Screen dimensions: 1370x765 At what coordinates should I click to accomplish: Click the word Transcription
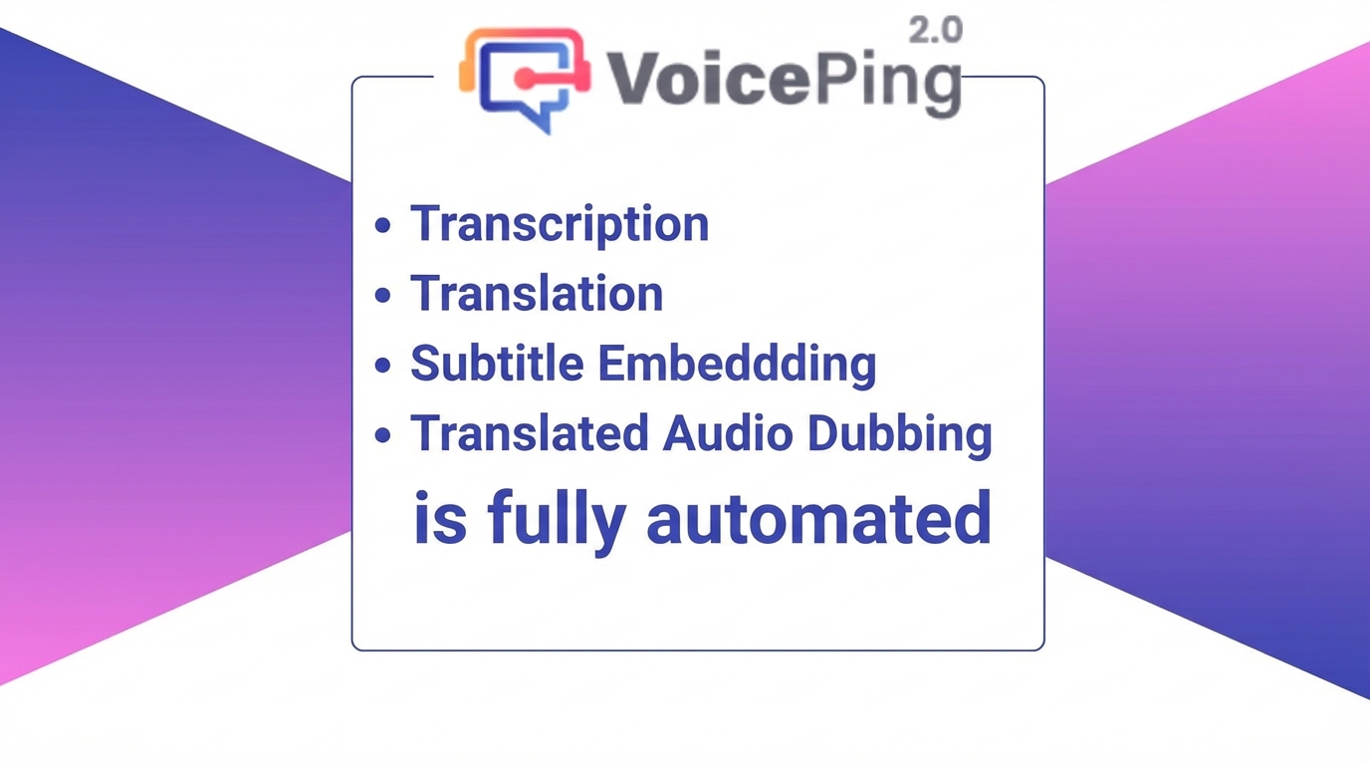[x=560, y=224]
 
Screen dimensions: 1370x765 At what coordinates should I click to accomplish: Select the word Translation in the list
[x=537, y=293]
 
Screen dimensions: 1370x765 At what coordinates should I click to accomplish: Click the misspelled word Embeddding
[x=737, y=366]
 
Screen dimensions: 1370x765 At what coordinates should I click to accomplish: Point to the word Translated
[x=529, y=433]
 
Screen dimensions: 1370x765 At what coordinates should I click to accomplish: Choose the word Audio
[x=728, y=433]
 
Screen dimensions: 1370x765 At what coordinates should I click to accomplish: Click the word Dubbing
[x=899, y=435]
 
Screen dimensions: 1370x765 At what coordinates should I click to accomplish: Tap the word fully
[x=558, y=521]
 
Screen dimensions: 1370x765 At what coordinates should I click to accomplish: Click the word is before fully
[x=440, y=517]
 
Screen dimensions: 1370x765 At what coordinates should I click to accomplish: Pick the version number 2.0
[x=936, y=31]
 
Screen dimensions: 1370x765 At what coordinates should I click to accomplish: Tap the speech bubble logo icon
[x=525, y=80]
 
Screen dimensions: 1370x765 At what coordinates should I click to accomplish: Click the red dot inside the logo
[x=524, y=78]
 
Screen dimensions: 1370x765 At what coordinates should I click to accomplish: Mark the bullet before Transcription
[x=383, y=225]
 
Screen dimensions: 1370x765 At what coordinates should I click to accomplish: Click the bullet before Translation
[x=383, y=295]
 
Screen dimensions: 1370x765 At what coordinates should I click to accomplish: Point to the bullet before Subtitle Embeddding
[x=383, y=365]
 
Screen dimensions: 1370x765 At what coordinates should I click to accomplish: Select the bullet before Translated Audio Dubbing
[x=383, y=434]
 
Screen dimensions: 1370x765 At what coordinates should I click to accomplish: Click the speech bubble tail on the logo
[x=542, y=120]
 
